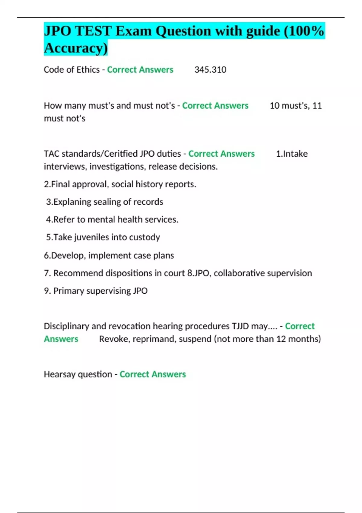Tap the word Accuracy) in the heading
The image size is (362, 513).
pyautogui.click(x=76, y=48)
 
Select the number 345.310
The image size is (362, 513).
pyautogui.click(x=210, y=70)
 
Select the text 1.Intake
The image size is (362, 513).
pyautogui.click(x=292, y=154)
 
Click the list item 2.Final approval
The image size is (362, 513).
pyautogui.click(x=75, y=184)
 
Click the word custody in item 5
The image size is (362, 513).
pyautogui.click(x=144, y=237)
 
